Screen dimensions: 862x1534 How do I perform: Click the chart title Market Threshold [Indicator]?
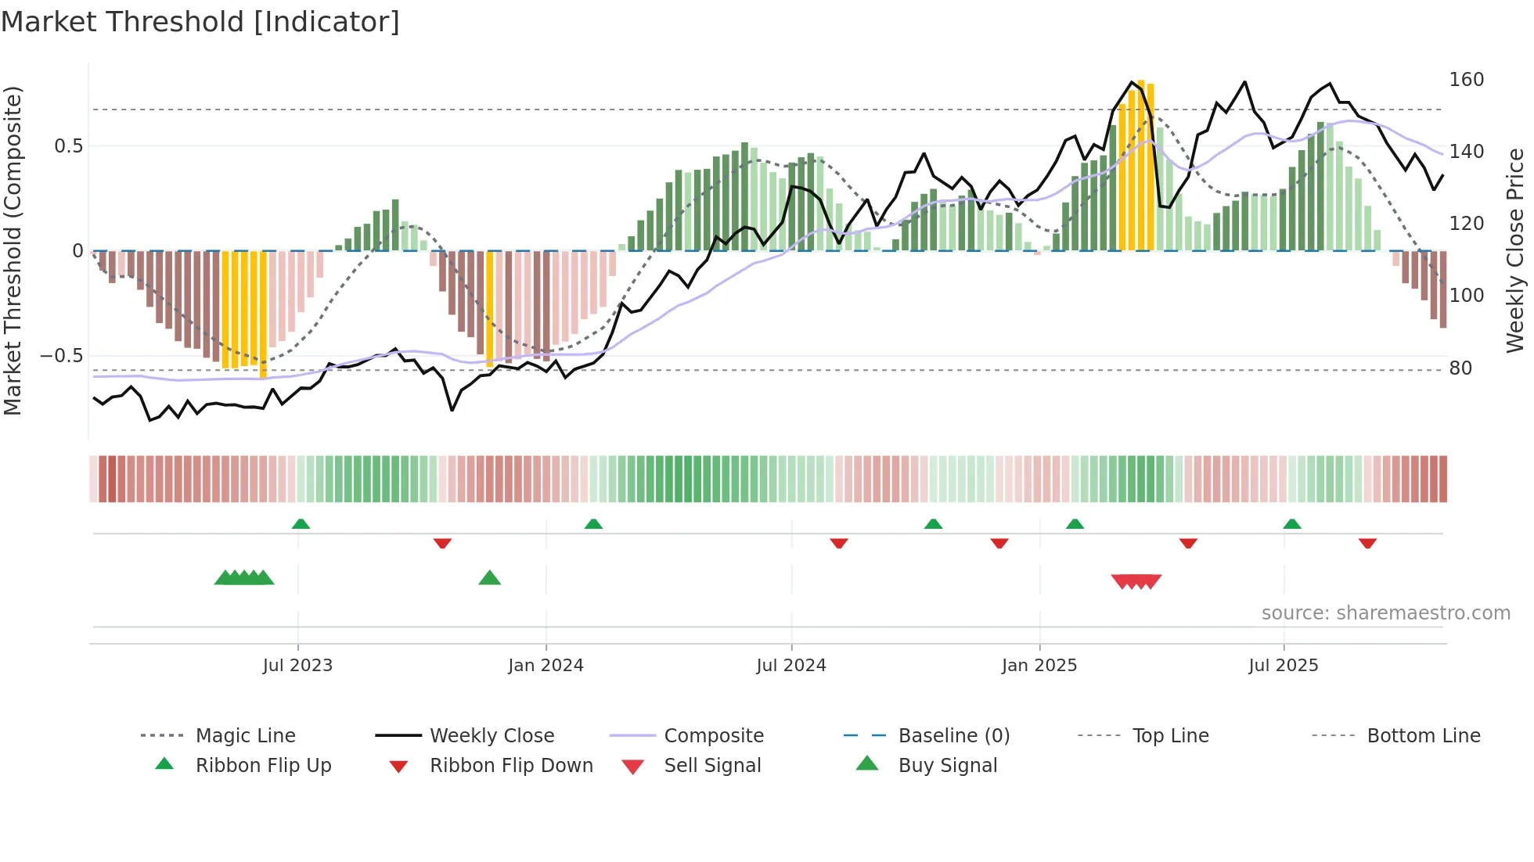pyautogui.click(x=200, y=22)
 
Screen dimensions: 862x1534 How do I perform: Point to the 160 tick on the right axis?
pyautogui.click(x=1465, y=80)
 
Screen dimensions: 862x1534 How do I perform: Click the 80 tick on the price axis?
pyautogui.click(x=1460, y=368)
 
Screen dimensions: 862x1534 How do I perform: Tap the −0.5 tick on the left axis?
pyautogui.click(x=61, y=356)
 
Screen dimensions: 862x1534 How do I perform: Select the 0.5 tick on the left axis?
pyautogui.click(x=68, y=146)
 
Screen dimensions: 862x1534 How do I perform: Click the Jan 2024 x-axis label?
pyautogui.click(x=546, y=666)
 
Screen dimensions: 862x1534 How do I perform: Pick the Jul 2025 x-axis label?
pyautogui.click(x=1283, y=666)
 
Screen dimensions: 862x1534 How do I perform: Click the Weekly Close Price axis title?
pyautogui.click(x=1515, y=250)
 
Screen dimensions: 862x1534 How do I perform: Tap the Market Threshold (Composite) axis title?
pyautogui.click(x=13, y=250)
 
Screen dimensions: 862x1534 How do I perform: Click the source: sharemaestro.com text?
pyautogui.click(x=1385, y=613)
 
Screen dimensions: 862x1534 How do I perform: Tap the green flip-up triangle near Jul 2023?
pyautogui.click(x=301, y=524)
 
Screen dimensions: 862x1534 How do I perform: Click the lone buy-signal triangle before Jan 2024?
pyautogui.click(x=489, y=578)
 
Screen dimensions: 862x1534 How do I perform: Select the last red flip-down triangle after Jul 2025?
pyautogui.click(x=1367, y=543)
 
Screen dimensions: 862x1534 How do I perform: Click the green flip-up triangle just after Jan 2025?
pyautogui.click(x=1075, y=524)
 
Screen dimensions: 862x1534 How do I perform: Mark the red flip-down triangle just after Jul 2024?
pyautogui.click(x=839, y=543)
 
